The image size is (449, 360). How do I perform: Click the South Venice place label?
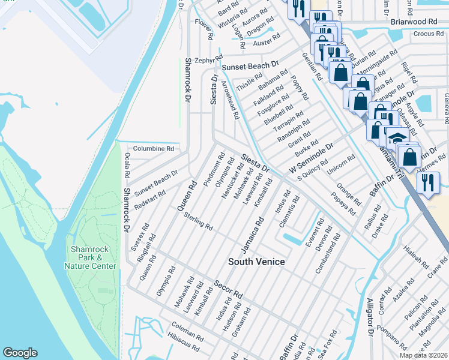(256, 262)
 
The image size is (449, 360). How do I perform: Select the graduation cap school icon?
(397, 138)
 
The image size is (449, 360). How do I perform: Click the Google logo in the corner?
(20, 353)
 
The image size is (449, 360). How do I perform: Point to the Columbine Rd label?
(153, 148)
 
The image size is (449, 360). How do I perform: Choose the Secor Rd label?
(229, 289)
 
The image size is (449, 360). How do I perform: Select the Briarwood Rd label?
(414, 21)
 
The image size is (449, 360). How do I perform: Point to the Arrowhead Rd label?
(231, 100)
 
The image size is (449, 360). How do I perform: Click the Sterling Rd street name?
(199, 221)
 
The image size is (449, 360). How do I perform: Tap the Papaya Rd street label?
(344, 205)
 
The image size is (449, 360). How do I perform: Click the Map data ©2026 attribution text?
(424, 355)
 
